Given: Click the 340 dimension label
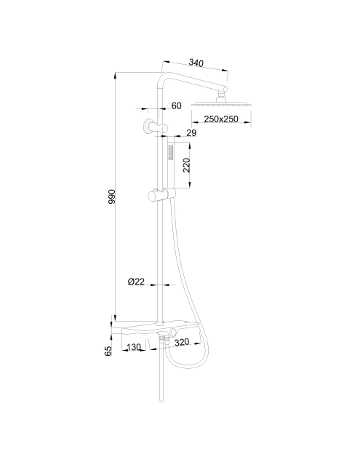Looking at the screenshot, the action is pos(196,63).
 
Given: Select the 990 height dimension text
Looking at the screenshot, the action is pos(112,196).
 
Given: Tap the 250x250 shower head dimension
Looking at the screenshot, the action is pos(221,119).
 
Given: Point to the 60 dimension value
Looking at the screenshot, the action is pos(176,106).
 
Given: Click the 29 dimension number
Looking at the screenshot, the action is pos(191,133).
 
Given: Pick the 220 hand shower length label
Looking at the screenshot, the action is pos(186,165).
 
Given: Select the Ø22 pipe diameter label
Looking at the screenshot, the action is pos(136,282).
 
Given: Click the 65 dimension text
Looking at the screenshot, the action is pos(108,351).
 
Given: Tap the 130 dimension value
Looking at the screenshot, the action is pos(134,347).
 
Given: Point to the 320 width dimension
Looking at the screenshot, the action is pos(182,341).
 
